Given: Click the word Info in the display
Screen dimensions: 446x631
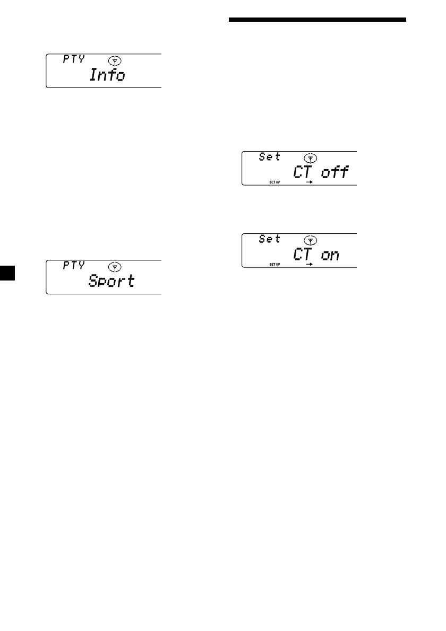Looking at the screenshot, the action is point(107,75).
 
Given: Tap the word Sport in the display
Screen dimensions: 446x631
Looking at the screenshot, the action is point(111,281).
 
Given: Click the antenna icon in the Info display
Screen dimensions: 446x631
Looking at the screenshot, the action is point(112,61).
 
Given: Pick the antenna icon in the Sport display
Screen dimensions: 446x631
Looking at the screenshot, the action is point(112,267).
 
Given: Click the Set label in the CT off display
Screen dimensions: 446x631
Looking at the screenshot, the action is point(270,157).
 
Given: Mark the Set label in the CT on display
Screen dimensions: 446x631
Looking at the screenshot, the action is point(270,239).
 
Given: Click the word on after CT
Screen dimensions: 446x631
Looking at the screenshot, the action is point(330,255).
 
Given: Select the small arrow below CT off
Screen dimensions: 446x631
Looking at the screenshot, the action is point(308,182).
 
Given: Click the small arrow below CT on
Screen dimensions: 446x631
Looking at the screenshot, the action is point(308,264).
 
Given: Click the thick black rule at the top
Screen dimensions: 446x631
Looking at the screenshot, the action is point(318,21).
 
